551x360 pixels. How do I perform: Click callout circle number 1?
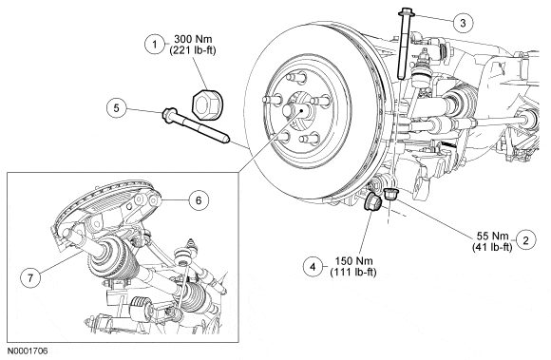click(x=154, y=45)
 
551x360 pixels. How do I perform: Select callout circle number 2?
click(x=525, y=240)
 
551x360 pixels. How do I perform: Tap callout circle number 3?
click(x=463, y=23)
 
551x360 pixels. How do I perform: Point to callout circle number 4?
click(x=313, y=267)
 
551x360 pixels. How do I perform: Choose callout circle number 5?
click(x=116, y=108)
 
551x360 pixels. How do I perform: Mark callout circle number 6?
click(x=199, y=200)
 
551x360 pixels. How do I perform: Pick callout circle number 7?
click(x=30, y=277)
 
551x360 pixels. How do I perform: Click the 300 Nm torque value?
click(x=193, y=39)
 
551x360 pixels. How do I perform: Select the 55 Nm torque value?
click(x=492, y=236)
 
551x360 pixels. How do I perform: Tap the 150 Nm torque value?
click(x=353, y=261)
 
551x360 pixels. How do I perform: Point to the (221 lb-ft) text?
click(x=193, y=50)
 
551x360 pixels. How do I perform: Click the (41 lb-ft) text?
click(x=492, y=247)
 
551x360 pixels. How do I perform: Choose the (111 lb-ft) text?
click(x=353, y=273)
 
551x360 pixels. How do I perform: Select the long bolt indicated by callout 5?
click(x=196, y=125)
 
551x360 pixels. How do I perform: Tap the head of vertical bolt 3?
click(x=407, y=12)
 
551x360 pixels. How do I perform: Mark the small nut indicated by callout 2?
click(x=389, y=194)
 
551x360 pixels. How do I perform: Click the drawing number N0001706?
click(x=28, y=351)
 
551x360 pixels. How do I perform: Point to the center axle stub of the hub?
click(x=294, y=110)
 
